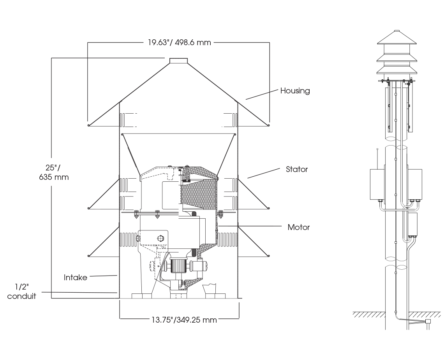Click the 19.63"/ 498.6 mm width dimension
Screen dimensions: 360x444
[179, 42]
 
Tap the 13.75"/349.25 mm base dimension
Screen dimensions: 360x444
[184, 320]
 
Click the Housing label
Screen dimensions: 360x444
[295, 91]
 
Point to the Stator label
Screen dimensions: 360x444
[297, 169]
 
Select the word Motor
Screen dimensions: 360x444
[299, 227]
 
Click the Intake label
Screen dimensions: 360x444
[76, 277]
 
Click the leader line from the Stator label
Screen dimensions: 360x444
[264, 173]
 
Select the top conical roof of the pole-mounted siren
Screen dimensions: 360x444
[396, 38]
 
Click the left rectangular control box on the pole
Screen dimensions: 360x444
[377, 184]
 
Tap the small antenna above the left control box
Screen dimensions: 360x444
[377, 156]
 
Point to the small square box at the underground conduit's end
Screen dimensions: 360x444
[428, 321]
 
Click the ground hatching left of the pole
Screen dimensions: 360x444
[368, 314]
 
